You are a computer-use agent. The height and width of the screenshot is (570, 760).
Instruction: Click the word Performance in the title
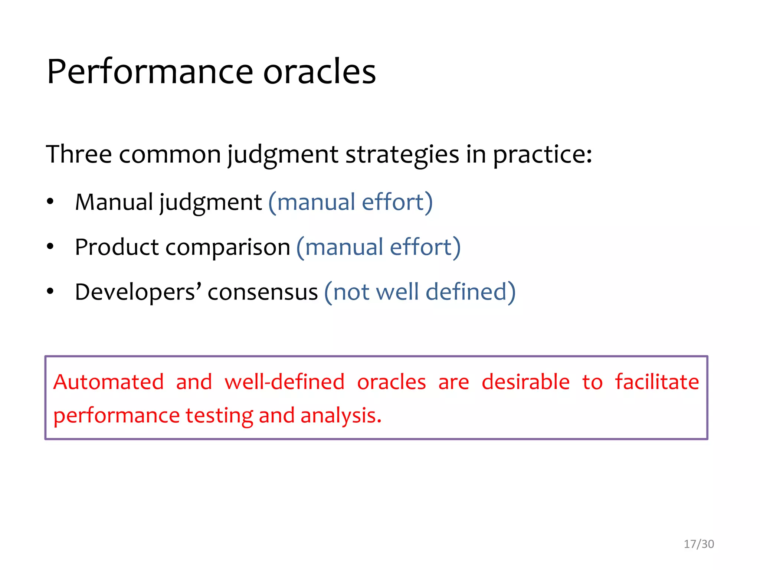[150, 72]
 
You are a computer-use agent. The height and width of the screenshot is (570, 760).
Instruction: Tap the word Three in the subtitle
[78, 154]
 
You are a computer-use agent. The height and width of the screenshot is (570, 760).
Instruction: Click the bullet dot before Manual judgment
[50, 202]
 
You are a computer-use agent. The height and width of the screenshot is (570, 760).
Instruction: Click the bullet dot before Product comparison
[50, 247]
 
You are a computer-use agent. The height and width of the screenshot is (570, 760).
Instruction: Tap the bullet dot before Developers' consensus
[50, 291]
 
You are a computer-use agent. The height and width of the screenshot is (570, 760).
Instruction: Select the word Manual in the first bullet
[114, 202]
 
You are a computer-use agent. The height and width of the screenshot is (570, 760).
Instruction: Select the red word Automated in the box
[108, 382]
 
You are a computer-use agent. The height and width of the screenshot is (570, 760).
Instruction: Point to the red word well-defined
[285, 382]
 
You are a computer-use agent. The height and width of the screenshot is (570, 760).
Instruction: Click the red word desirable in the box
[525, 382]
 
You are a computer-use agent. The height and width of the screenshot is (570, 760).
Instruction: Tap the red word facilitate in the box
[657, 382]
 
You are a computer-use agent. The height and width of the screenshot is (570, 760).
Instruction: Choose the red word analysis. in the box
[341, 416]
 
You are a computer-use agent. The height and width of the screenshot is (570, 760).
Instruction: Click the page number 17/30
[699, 544]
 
